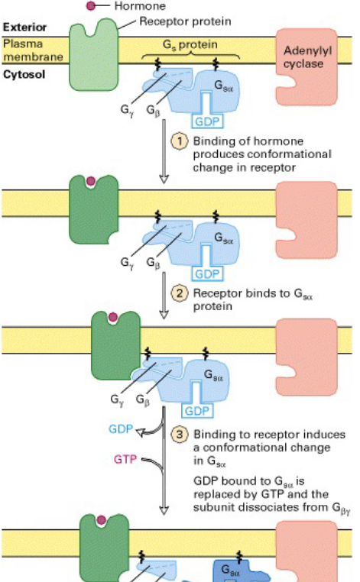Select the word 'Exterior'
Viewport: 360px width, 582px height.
(x=19, y=27)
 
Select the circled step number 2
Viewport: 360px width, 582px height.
(x=180, y=293)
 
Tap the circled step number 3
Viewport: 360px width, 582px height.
(x=180, y=435)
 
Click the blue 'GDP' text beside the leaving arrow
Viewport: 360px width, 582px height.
(x=125, y=429)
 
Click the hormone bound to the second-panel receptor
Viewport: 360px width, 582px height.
(x=91, y=182)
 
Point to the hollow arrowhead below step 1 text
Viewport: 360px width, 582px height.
(x=162, y=179)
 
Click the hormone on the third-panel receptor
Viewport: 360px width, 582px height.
(x=114, y=316)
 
